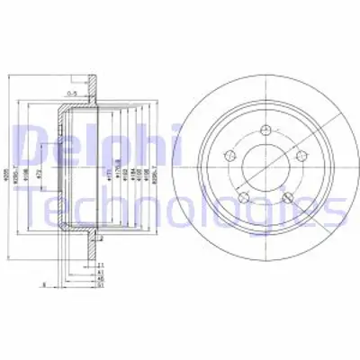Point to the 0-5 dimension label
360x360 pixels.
point(71,93)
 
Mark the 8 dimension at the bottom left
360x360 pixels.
point(45,285)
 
